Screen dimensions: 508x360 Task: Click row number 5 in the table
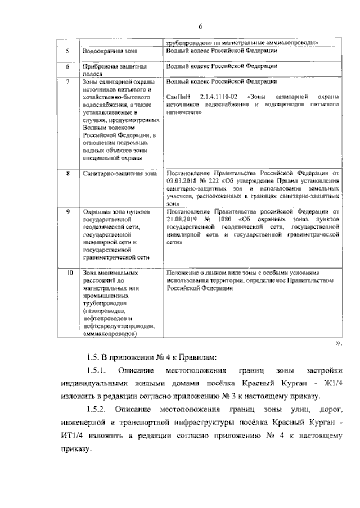point(67,51)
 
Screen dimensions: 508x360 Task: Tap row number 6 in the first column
point(67,66)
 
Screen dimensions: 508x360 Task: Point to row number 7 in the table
point(67,81)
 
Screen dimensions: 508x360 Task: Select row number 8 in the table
point(67,174)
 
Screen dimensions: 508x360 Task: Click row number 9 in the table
point(67,212)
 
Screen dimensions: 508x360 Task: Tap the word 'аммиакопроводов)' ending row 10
point(109,333)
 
